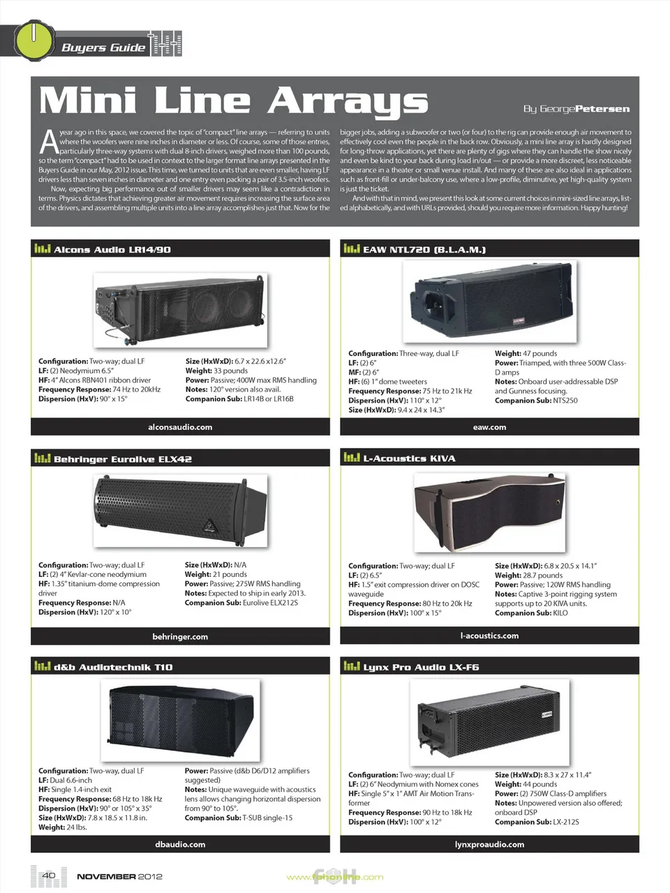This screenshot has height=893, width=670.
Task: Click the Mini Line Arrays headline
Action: coord(233,100)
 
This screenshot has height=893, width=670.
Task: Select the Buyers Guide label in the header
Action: coord(103,47)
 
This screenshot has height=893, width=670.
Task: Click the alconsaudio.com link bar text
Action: coord(180,427)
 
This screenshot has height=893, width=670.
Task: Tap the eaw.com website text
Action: coord(489,427)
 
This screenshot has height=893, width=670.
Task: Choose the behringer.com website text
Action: coord(180,636)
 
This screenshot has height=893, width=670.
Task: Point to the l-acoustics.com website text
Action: coord(489,636)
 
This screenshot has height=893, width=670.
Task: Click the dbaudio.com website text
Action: coord(180,844)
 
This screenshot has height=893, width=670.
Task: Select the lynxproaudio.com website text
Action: coord(489,844)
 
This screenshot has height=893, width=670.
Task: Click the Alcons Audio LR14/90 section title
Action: coord(112,249)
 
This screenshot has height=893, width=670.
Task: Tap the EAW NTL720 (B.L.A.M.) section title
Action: coord(424,249)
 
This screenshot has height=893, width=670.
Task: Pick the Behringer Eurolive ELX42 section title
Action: coord(122,459)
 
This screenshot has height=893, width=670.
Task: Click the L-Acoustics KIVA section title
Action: coord(409,458)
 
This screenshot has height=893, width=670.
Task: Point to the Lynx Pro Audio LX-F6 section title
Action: coord(421,667)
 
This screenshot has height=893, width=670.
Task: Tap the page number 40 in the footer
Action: coord(49,875)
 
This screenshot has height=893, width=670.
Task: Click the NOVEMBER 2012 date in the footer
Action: coord(119,876)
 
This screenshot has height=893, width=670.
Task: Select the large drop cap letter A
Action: coord(48,142)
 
